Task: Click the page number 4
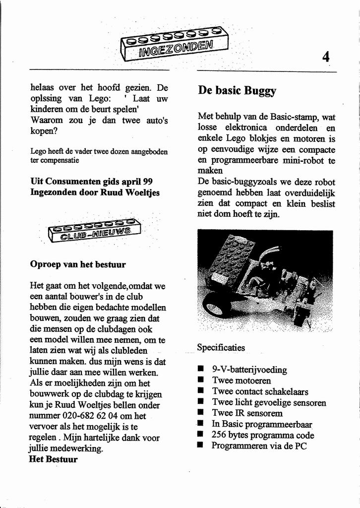click(x=325, y=57)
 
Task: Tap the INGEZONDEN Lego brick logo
click(x=174, y=44)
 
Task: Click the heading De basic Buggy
click(x=237, y=90)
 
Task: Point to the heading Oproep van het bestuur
click(x=78, y=264)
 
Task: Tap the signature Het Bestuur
click(x=54, y=459)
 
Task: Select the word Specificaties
click(x=221, y=348)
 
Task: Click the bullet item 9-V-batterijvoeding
click(x=249, y=370)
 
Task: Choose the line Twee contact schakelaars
click(x=260, y=391)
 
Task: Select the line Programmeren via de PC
click(x=259, y=446)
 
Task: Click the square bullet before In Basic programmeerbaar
click(x=200, y=424)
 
